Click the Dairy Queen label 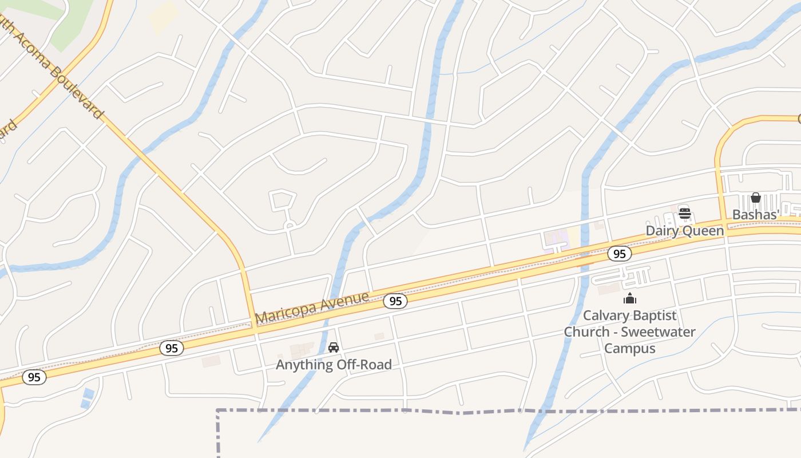(x=684, y=231)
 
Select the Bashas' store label (x=756, y=215)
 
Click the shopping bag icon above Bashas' (x=756, y=198)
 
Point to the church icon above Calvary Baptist (x=630, y=298)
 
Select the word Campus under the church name (x=630, y=348)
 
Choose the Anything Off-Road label (x=334, y=365)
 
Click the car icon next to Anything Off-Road (x=334, y=348)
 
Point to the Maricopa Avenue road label (x=312, y=309)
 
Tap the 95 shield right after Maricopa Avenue (x=395, y=301)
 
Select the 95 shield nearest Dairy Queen (x=620, y=254)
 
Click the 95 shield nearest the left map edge (x=34, y=377)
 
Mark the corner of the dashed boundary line (x=218, y=410)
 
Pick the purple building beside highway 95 (x=555, y=238)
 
